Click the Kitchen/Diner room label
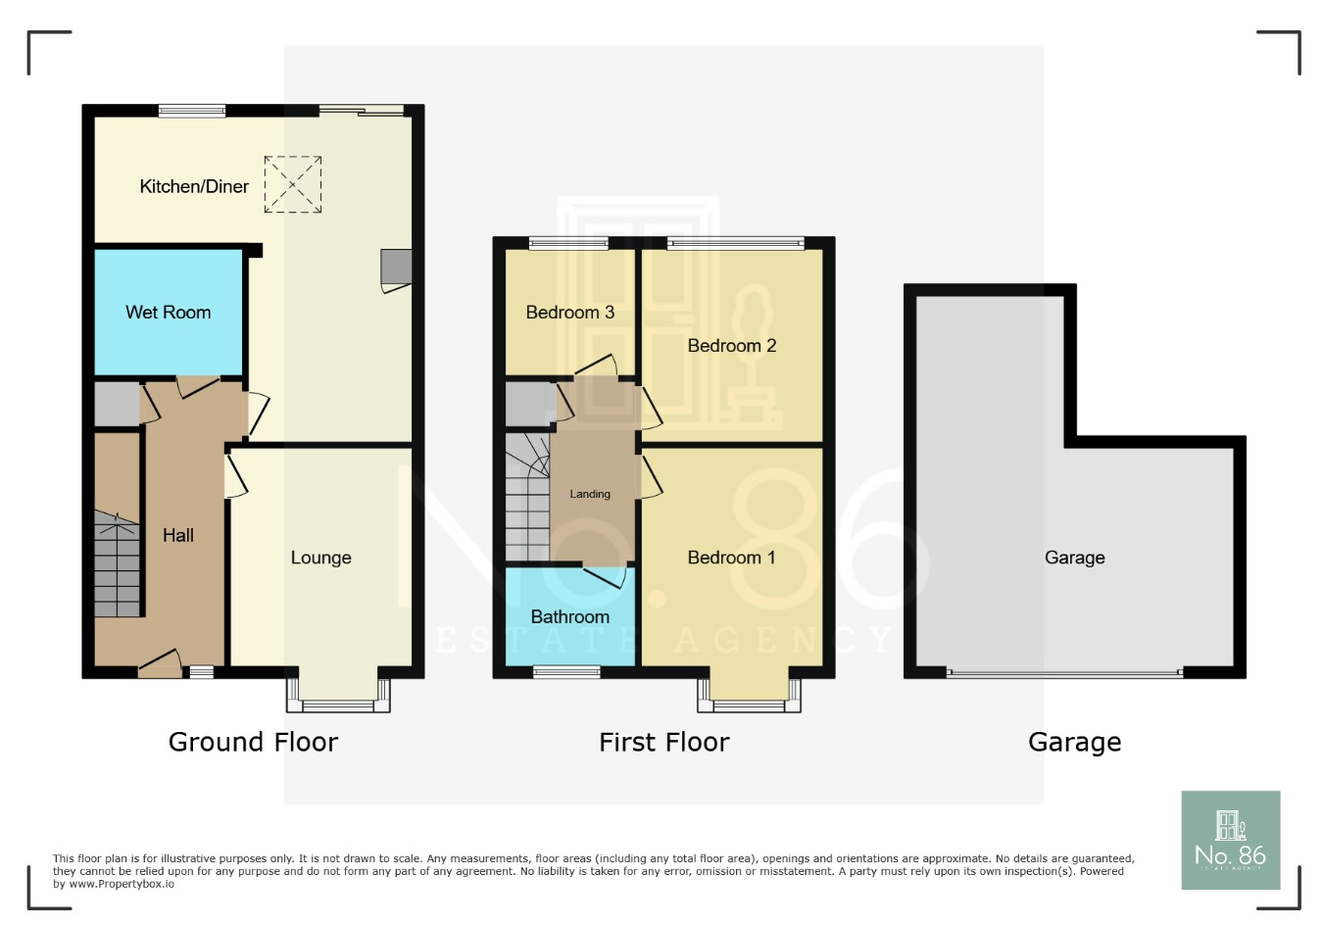[194, 186]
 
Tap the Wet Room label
[168, 313]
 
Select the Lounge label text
[320, 558]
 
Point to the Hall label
[178, 535]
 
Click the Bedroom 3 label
[569, 313]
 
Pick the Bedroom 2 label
[731, 346]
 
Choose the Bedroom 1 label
[731, 558]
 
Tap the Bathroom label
[569, 616]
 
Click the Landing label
[590, 494]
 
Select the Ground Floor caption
[253, 742]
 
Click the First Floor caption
[663, 742]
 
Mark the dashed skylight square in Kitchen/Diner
[293, 184]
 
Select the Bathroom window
[566, 672]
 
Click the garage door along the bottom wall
[1065, 673]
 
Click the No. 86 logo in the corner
[1230, 840]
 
